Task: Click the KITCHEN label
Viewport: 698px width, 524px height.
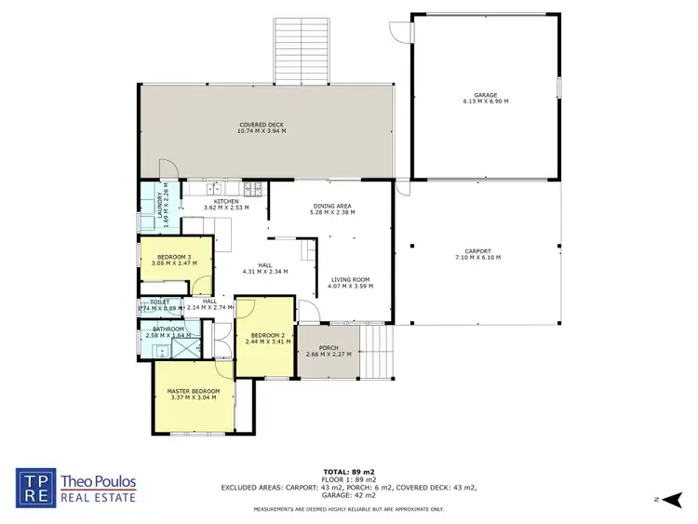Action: coord(226,201)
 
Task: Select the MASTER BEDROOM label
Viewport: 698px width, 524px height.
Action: coord(194,393)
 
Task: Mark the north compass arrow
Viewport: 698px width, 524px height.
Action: coord(664,499)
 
